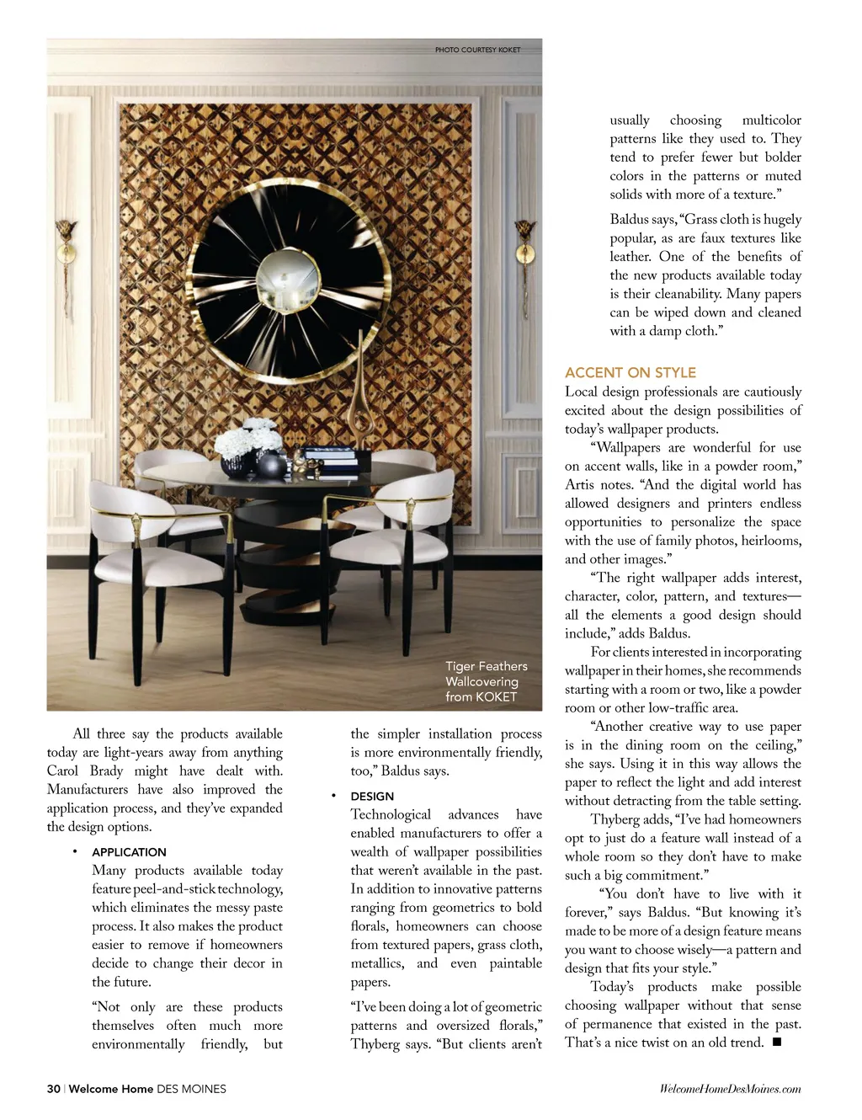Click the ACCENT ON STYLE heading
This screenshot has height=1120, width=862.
(630, 372)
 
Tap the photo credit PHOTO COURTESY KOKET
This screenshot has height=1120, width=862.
(477, 50)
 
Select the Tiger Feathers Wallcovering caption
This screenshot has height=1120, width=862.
(486, 681)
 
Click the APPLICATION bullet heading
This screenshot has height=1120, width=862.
(129, 852)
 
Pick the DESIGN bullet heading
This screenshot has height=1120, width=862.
(372, 797)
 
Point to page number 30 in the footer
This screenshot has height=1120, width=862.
(53, 1089)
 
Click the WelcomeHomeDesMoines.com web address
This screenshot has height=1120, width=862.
(730, 1089)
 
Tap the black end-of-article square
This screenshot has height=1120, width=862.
(776, 1043)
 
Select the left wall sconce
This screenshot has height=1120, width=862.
(67, 244)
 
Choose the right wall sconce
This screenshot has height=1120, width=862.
(525, 244)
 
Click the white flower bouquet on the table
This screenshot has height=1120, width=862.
(248, 438)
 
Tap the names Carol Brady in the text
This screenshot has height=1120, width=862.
(85, 771)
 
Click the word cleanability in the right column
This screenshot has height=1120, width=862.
(678, 294)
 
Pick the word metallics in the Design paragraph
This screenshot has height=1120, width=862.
(376, 963)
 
